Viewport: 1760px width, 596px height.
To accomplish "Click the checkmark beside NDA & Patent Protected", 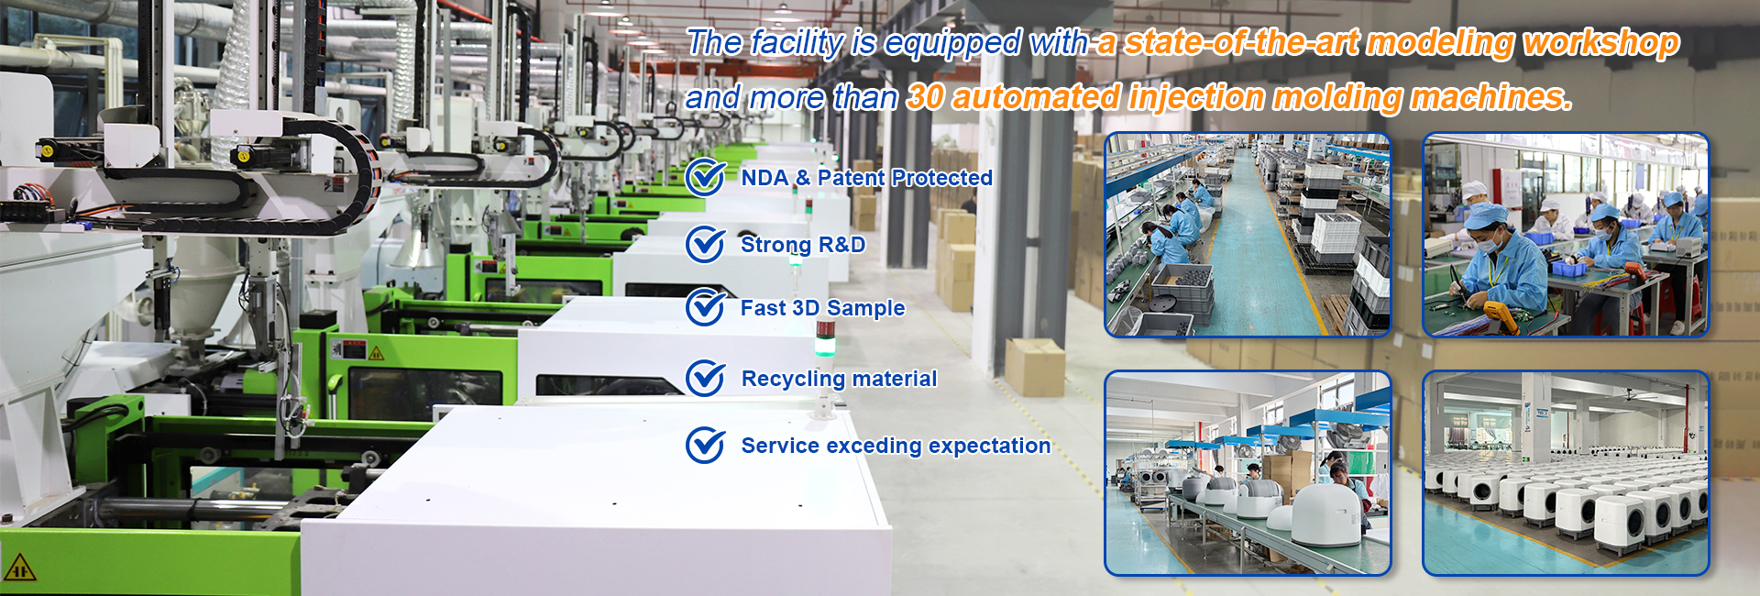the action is pyautogui.click(x=706, y=177).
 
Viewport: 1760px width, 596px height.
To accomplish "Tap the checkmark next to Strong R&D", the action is pyautogui.click(x=706, y=244).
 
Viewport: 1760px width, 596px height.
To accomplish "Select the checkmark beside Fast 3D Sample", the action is pyautogui.click(x=706, y=307).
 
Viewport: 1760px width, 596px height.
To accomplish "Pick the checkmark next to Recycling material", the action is pyautogui.click(x=706, y=378).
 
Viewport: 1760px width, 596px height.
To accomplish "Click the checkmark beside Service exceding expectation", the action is pyautogui.click(x=706, y=445).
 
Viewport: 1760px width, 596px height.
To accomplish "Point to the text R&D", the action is pyautogui.click(x=841, y=245).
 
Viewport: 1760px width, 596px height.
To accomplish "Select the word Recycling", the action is pyautogui.click(x=793, y=380).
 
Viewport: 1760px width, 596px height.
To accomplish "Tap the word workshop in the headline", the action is pyautogui.click(x=1600, y=43).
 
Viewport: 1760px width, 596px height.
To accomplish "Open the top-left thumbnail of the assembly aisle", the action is pyautogui.click(x=1248, y=235).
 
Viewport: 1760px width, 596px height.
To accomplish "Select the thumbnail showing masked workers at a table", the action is pyautogui.click(x=1566, y=235).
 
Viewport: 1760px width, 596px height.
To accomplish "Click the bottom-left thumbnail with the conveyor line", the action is pyautogui.click(x=1248, y=473).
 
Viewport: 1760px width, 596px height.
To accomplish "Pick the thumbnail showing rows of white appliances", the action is pyautogui.click(x=1566, y=473).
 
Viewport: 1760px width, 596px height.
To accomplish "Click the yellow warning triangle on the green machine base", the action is pyautogui.click(x=19, y=568).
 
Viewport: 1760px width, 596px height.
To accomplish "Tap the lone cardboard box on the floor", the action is pyautogui.click(x=1035, y=367).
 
